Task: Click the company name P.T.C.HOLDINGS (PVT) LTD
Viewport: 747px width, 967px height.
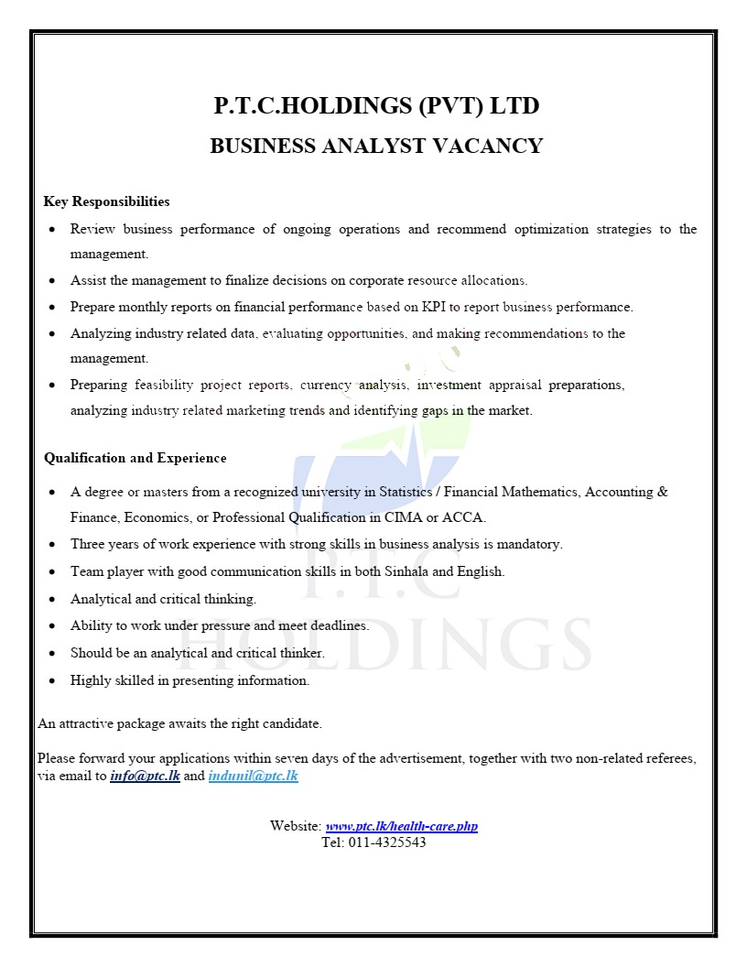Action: click(x=376, y=106)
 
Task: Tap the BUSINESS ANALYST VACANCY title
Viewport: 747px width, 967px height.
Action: click(x=376, y=146)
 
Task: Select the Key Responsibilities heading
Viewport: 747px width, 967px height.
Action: click(x=106, y=201)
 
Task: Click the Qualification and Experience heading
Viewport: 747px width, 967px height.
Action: click(x=135, y=458)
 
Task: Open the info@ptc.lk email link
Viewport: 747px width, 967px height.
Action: click(x=145, y=777)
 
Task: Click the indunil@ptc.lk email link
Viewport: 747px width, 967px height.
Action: click(x=253, y=777)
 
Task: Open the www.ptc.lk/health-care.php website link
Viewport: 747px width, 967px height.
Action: click(x=401, y=826)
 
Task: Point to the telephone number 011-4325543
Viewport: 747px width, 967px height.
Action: click(x=386, y=842)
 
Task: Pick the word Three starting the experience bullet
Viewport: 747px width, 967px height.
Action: click(x=89, y=544)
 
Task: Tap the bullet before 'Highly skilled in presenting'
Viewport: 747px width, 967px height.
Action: click(x=51, y=681)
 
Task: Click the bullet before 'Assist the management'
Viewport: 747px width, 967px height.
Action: click(x=51, y=281)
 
